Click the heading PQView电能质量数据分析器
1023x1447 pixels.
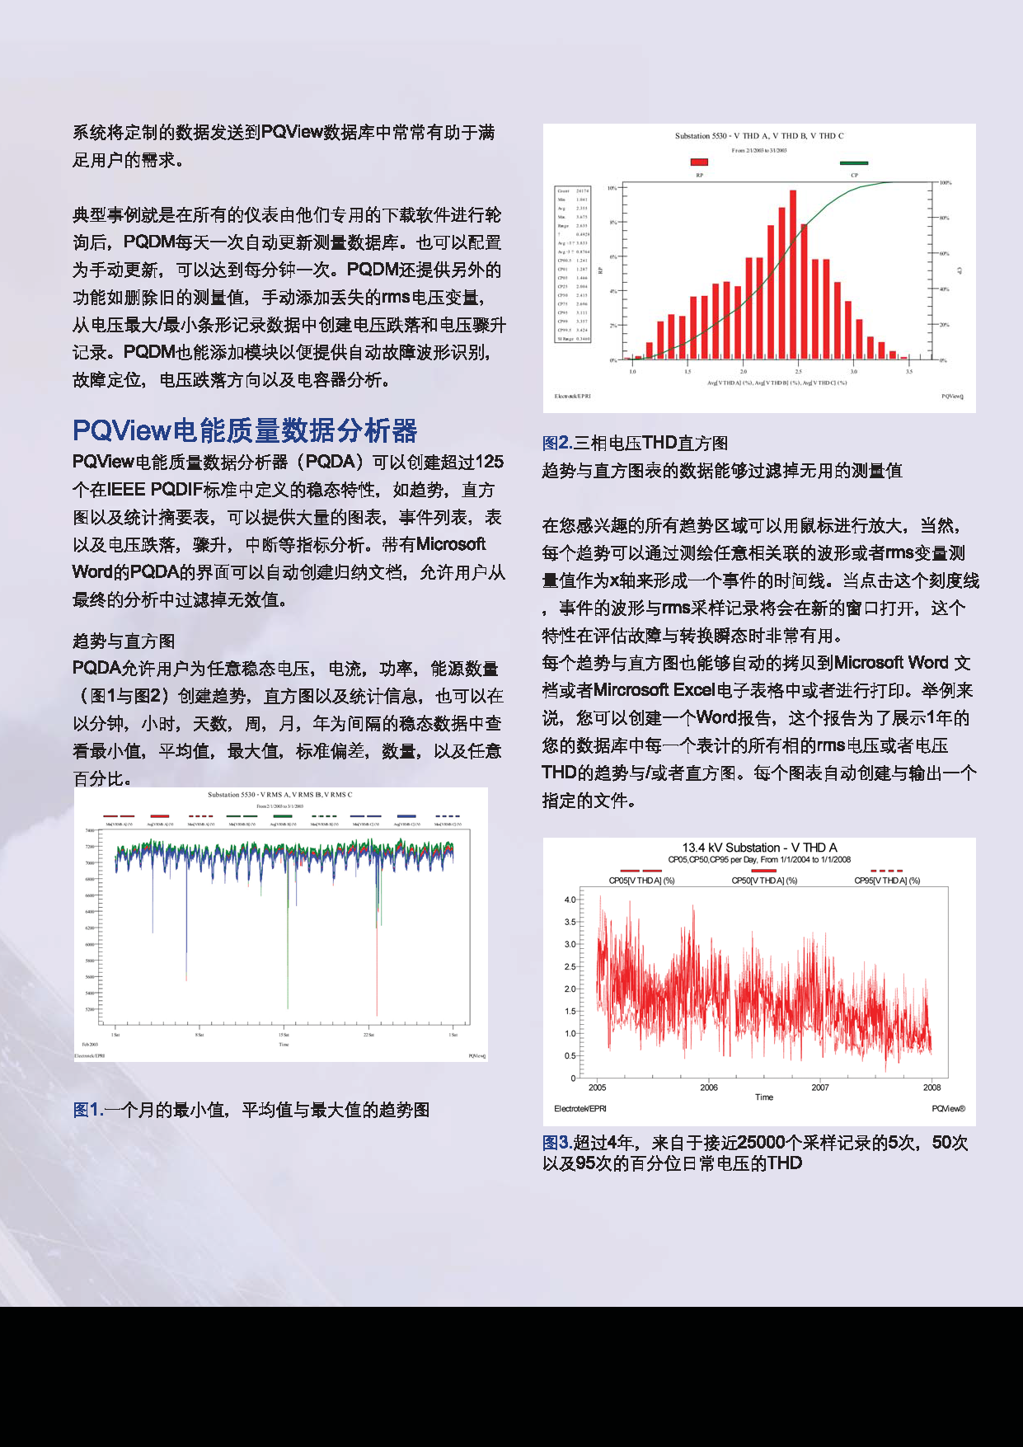pos(245,430)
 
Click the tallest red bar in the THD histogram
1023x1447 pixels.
pos(793,274)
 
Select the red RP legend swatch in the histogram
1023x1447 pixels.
pos(699,162)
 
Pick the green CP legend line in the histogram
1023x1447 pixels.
pos(854,163)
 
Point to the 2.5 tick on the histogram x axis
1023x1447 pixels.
pos(798,372)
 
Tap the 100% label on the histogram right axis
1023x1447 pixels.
pos(946,183)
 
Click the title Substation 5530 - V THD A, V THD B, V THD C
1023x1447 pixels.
pos(759,136)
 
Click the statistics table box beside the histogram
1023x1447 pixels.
pos(572,264)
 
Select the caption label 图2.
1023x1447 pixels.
pos(556,443)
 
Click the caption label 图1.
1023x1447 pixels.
pos(87,1110)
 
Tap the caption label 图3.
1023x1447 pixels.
pos(556,1143)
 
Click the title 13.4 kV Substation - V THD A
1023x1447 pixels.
pos(759,848)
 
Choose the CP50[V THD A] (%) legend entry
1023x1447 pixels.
pos(764,880)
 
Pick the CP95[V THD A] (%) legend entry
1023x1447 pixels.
pos(887,880)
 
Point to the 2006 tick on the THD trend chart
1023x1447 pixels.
pos(709,1088)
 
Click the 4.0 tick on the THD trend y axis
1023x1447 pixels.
pos(570,900)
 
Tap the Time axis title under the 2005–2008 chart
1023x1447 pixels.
pos(764,1097)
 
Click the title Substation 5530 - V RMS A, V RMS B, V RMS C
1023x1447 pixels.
pos(279,795)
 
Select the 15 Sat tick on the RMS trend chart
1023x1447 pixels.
pos(284,1035)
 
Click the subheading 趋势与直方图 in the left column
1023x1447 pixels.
pos(124,641)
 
